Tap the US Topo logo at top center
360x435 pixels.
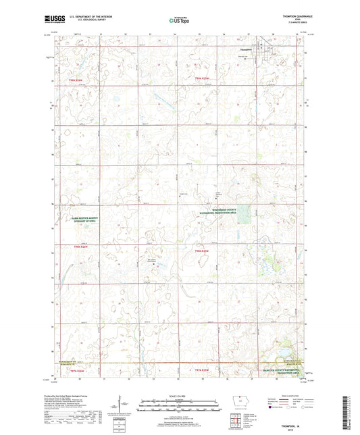point(179,22)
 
